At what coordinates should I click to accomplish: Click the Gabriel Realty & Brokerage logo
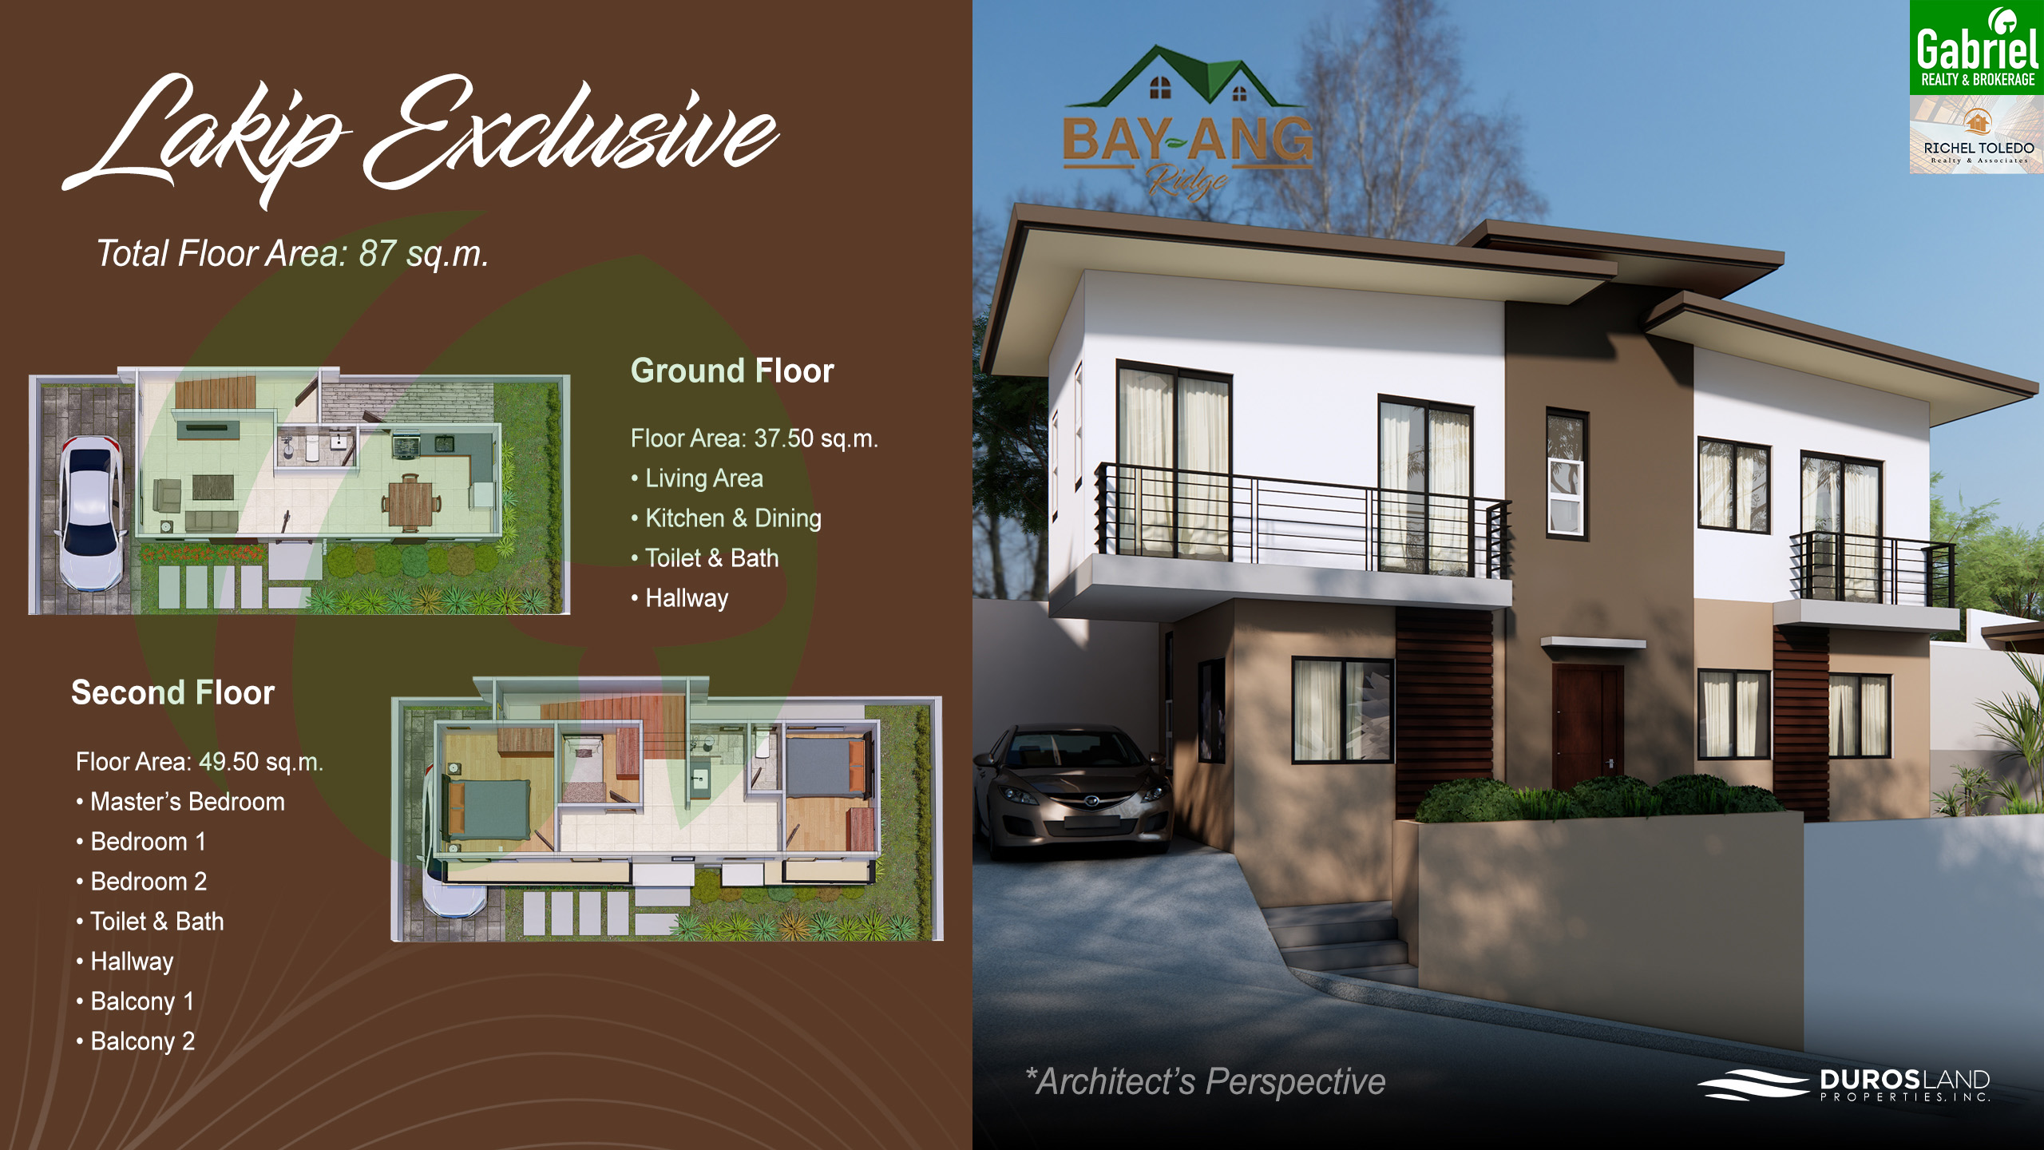tap(1976, 48)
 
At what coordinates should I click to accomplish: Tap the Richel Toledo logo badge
tap(1976, 134)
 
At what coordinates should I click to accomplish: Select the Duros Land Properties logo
tap(1844, 1085)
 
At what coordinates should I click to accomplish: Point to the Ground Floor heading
tap(732, 371)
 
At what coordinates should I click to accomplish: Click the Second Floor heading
tap(173, 692)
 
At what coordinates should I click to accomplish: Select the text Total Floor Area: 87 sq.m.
tap(292, 254)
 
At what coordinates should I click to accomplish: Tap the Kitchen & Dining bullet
tap(726, 518)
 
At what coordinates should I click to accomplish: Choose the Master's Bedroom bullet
tap(180, 802)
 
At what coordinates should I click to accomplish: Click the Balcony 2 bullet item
tap(136, 1041)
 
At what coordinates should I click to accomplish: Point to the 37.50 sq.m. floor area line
tap(754, 438)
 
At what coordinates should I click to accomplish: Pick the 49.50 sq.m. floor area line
tap(200, 762)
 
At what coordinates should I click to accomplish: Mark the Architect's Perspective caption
tap(1206, 1082)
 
